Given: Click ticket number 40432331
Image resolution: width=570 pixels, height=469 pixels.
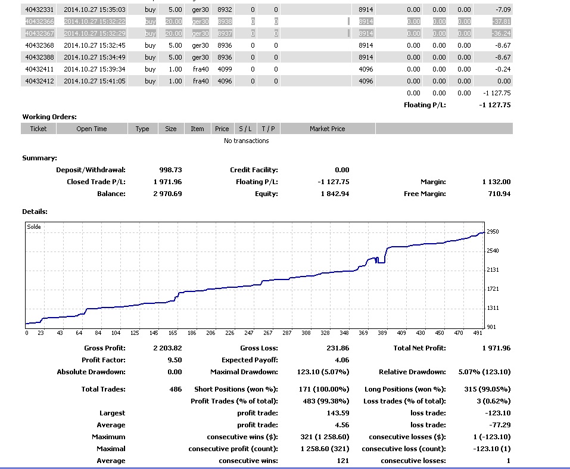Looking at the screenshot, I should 39,10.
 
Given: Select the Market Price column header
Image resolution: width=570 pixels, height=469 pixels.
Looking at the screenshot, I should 327,129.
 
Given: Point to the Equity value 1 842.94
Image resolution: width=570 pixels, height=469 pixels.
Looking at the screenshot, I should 335,194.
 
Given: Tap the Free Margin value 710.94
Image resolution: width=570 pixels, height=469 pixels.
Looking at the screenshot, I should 498,194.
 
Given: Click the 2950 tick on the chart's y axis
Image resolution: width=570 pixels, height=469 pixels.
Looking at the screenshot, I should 492,232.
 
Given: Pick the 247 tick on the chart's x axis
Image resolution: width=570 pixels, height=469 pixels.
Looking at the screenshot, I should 249,333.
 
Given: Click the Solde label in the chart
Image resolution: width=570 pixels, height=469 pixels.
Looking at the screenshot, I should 34,226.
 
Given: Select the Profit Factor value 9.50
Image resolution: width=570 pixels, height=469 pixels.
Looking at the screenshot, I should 175,360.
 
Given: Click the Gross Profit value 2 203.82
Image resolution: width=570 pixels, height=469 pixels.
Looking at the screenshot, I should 167,348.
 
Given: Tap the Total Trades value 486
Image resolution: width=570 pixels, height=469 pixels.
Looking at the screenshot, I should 175,389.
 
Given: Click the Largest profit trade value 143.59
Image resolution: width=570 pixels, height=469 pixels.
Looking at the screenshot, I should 338,413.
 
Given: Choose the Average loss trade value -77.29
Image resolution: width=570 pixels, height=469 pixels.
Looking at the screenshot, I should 499,425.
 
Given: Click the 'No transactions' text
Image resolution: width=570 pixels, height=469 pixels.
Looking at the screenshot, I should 246,141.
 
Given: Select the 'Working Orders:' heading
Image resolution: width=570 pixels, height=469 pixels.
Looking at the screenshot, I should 49,117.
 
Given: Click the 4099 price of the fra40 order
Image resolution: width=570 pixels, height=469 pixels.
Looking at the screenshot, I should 222,69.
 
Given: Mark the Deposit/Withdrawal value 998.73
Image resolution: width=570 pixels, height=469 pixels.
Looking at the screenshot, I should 170,170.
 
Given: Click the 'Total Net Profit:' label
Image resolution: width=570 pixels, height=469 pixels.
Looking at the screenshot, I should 419,348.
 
